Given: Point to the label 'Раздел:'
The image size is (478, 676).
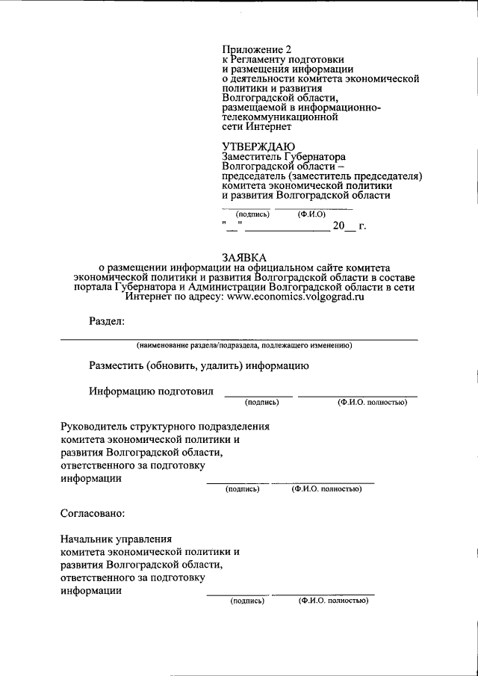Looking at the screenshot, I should coord(107,322).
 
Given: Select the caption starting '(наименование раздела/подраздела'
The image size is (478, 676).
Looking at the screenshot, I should coord(243,346).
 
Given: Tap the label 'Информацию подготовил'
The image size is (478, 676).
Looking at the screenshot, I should coord(151,391).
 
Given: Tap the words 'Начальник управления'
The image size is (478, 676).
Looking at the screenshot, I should coord(117,538).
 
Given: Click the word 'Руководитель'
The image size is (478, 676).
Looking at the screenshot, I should coord(93,427).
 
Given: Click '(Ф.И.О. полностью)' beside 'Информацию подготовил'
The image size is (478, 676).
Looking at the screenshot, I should coord(371,403).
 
